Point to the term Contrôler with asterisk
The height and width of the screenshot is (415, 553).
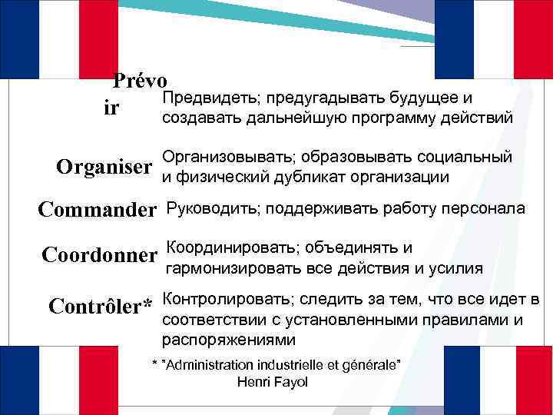pos(101,306)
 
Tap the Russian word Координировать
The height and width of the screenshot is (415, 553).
pos(230,247)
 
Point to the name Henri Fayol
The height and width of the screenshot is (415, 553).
pos(273,382)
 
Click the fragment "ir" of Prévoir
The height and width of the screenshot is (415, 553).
pos(111,108)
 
